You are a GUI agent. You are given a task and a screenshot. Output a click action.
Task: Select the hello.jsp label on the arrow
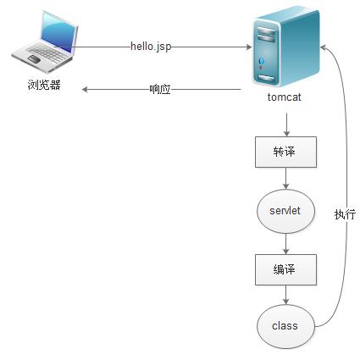coord(151,47)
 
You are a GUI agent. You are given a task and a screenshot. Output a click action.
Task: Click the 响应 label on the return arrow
coord(160,88)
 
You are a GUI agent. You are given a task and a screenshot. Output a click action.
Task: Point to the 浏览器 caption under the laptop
coord(43,86)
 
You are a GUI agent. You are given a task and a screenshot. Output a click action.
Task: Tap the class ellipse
coord(285,325)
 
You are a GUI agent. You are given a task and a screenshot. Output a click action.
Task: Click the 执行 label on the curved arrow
coord(345,214)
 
